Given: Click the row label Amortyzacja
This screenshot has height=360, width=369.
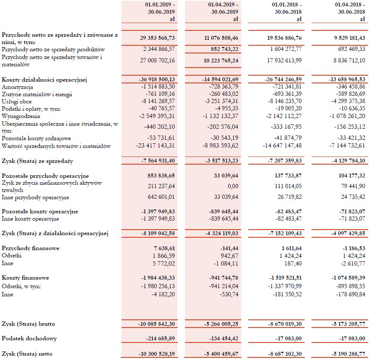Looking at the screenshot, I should click(x=17, y=86).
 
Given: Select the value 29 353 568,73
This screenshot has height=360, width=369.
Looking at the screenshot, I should click(x=157, y=38).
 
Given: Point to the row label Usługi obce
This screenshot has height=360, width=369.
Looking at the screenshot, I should click(x=17, y=101).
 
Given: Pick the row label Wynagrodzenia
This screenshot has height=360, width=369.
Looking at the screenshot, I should click(x=21, y=116).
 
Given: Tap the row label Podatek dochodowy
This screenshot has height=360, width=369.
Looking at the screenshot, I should click(x=29, y=339).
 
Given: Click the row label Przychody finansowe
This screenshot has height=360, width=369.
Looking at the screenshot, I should click(x=30, y=248).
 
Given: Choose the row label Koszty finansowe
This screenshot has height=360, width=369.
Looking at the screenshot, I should click(x=25, y=277).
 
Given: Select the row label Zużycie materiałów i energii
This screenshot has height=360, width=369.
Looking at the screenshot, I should click(x=36, y=94).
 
